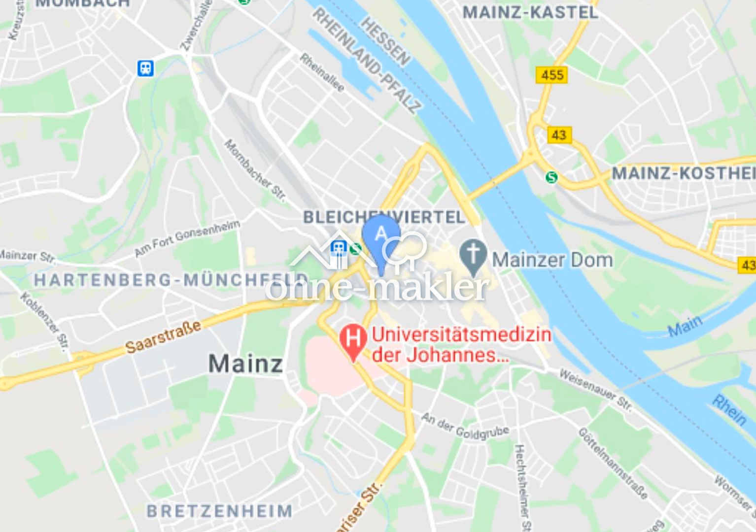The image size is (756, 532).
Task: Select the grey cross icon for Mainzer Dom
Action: (473, 255)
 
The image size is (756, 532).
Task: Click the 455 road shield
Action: (551, 75)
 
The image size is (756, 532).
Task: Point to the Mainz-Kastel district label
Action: (530, 12)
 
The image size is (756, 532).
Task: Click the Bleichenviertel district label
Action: (384, 217)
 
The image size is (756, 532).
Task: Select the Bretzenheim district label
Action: (220, 511)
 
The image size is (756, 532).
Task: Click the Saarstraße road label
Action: (163, 337)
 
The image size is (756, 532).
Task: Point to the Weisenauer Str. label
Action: (595, 390)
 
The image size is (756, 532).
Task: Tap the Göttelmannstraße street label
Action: (613, 463)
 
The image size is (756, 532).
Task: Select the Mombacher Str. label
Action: (255, 170)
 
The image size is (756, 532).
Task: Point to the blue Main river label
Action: (685, 326)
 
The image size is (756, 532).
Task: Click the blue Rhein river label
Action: (729, 410)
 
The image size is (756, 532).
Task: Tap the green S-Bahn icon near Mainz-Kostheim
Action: (551, 177)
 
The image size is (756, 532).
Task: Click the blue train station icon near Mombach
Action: (145, 68)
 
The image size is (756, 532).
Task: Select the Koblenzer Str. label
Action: (44, 321)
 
